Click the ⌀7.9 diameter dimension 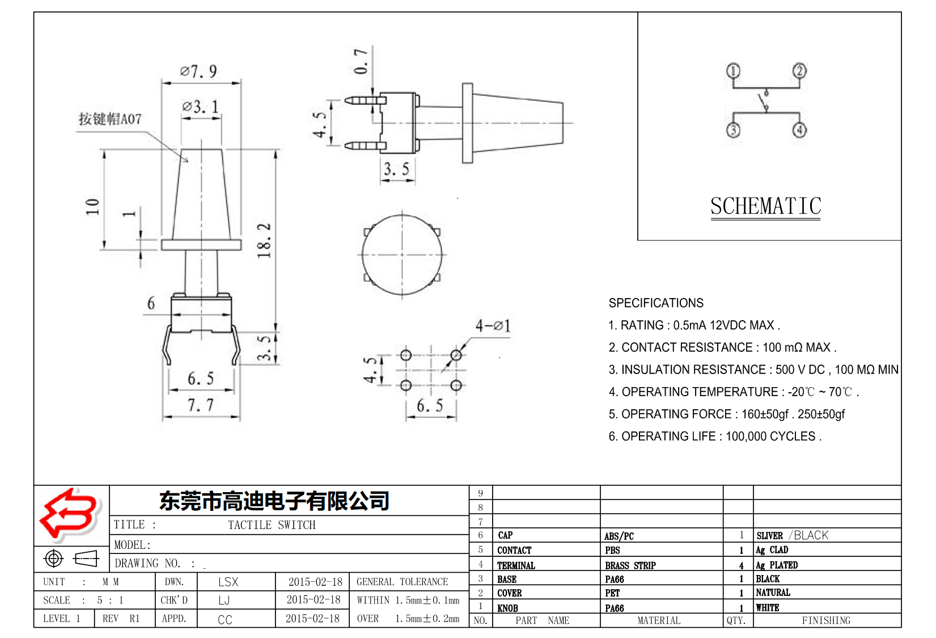(198, 72)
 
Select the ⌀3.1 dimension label (200, 107)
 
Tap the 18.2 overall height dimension (264, 241)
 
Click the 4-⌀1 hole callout (493, 326)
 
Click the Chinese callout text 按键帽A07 (110, 119)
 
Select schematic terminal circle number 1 (733, 71)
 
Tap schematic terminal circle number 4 (799, 130)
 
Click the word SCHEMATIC (765, 206)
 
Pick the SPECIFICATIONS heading (656, 303)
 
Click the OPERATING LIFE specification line (714, 436)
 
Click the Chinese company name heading (274, 501)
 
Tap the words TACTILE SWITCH (272, 525)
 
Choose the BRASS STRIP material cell (630, 565)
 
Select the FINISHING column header (825, 620)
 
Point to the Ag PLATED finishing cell (776, 565)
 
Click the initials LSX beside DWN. (228, 582)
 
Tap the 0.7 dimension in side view (361, 61)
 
